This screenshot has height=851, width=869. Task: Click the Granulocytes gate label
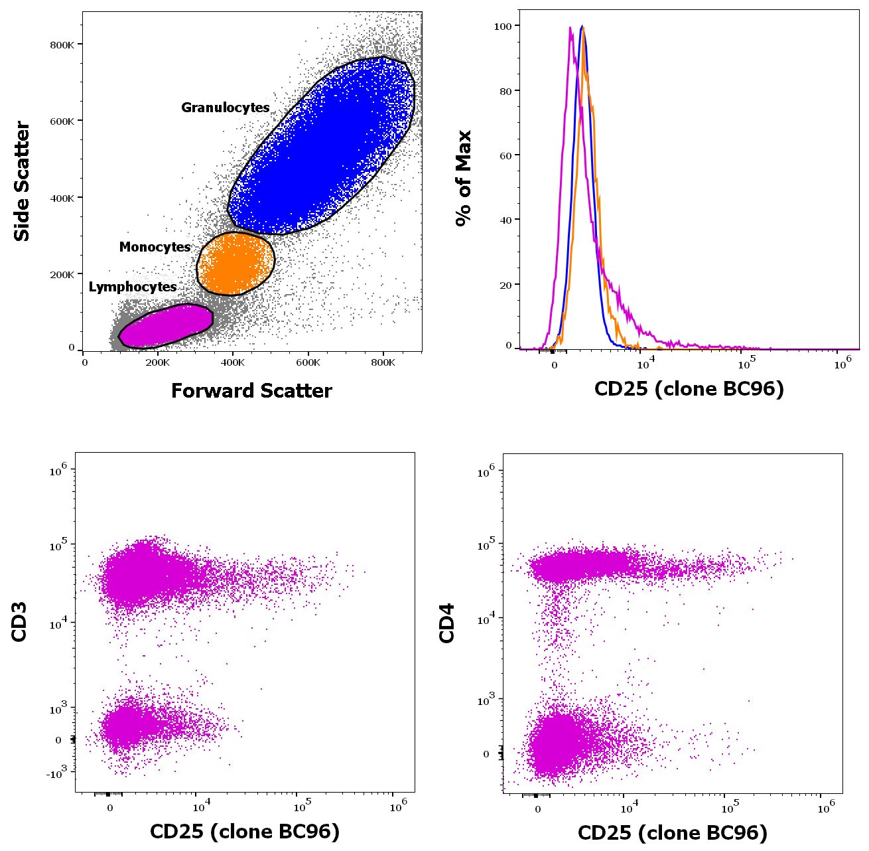[x=225, y=108]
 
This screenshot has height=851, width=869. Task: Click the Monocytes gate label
[x=155, y=247]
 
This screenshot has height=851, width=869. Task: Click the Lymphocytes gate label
[x=133, y=287]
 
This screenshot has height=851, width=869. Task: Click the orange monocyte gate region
[x=236, y=264]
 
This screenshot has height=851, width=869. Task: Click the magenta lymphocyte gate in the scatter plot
[x=166, y=325]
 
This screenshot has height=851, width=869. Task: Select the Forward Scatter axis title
[x=251, y=390]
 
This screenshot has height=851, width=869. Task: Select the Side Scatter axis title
[x=22, y=181]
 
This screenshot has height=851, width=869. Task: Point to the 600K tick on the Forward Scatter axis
[x=308, y=362]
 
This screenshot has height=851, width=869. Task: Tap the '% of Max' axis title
[x=463, y=178]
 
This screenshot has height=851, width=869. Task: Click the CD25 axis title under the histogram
[x=689, y=388]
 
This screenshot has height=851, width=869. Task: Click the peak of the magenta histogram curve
[x=570, y=28]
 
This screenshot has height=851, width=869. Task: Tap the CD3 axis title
[x=19, y=621]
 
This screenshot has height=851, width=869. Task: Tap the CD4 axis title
[x=447, y=623]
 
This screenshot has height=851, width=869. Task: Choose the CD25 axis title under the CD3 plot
[x=245, y=831]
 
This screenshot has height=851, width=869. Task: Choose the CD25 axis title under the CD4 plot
[x=672, y=832]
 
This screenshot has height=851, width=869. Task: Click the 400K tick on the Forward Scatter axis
[x=233, y=362]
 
